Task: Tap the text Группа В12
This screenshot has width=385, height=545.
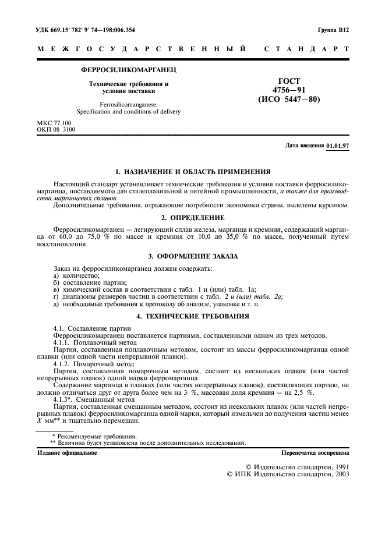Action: [333, 29]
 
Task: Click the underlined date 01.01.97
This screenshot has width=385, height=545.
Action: [338, 146]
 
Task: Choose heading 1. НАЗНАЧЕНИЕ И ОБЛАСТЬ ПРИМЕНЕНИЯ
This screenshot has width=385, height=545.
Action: [192, 172]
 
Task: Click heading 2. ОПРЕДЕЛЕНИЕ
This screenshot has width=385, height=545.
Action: [192, 217]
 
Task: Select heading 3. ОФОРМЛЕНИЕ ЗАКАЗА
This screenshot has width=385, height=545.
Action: [192, 256]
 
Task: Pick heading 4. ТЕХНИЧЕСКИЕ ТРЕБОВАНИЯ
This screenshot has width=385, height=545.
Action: [192, 316]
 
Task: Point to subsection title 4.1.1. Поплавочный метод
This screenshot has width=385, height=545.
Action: [93, 342]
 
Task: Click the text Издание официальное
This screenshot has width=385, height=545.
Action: [67, 452]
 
